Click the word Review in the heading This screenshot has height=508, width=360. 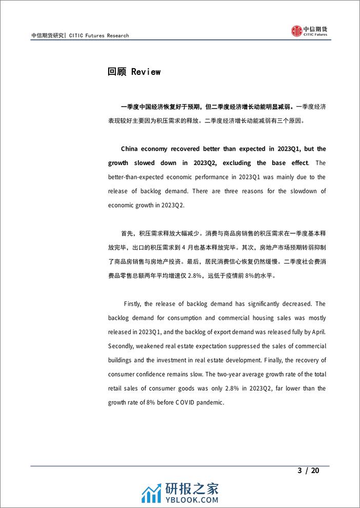click(x=146, y=72)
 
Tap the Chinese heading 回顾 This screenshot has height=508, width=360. click(x=117, y=72)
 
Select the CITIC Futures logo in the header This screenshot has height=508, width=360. click(x=310, y=31)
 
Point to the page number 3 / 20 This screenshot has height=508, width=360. click(x=308, y=471)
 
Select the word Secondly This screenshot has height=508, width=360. click(x=124, y=346)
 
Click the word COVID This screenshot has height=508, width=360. click(x=188, y=402)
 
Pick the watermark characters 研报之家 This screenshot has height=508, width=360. click(x=191, y=487)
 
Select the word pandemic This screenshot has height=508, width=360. click(x=210, y=402)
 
